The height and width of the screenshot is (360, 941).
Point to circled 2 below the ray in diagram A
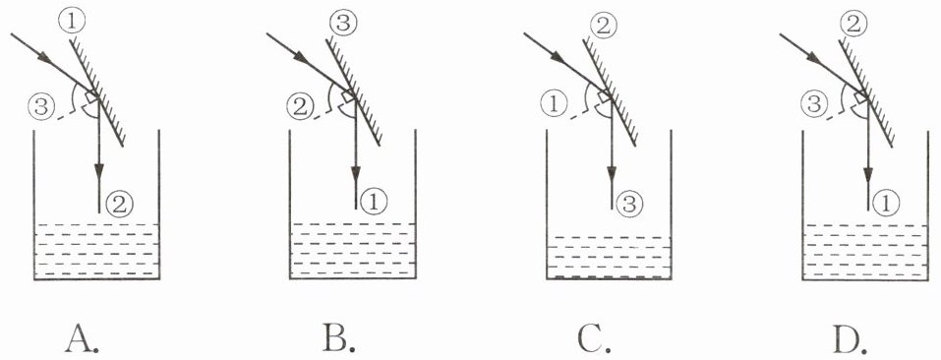[119, 205]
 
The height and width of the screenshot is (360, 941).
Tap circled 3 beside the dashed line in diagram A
[39, 107]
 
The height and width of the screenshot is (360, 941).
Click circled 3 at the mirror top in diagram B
[346, 24]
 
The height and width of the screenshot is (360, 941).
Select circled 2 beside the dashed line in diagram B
[299, 108]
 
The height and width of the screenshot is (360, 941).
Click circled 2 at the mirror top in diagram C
[602, 24]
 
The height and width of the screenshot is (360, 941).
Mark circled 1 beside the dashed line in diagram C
[554, 107]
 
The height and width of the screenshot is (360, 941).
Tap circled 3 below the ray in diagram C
[630, 205]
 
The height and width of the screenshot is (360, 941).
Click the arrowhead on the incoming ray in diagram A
[43, 58]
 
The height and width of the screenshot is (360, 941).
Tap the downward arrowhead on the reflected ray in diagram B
[356, 173]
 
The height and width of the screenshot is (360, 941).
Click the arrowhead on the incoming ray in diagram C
[558, 58]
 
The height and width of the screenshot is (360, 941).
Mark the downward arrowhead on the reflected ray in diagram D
[867, 174]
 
